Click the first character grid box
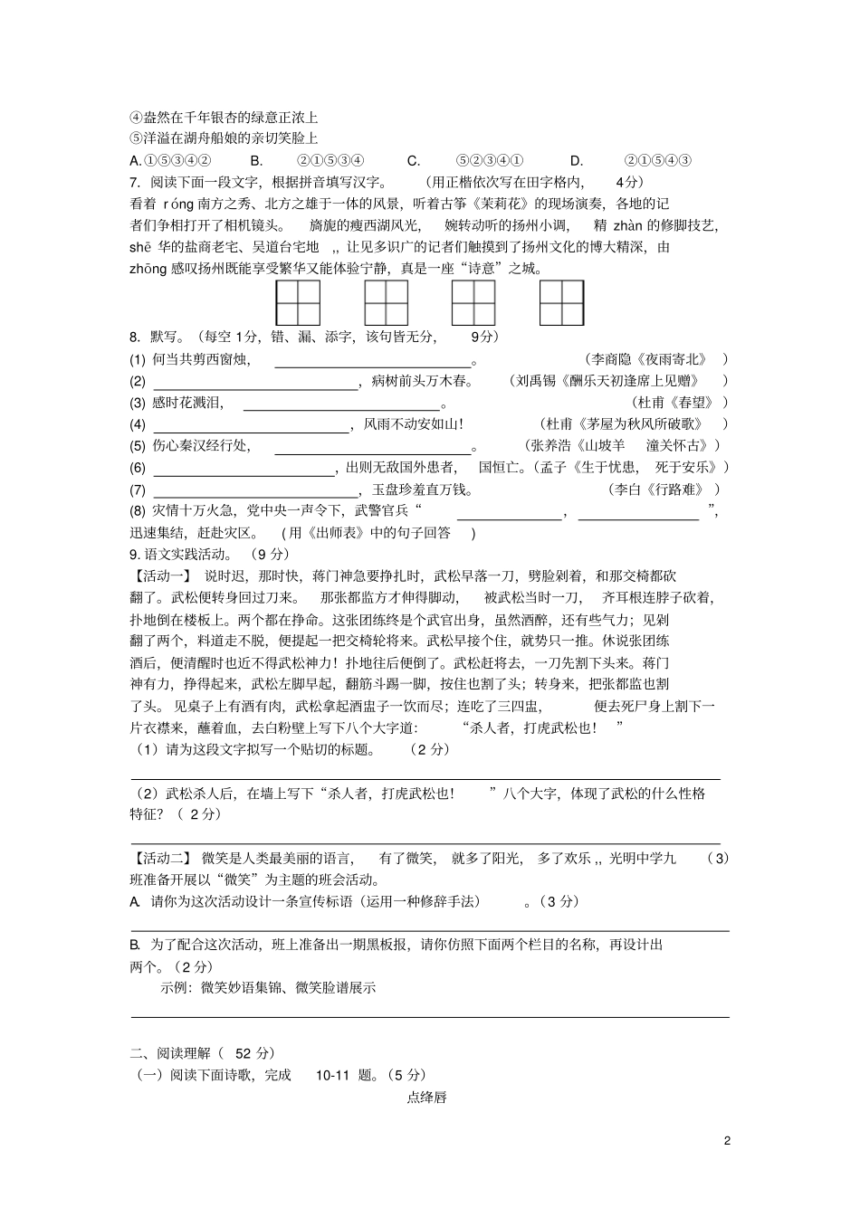pos(298,303)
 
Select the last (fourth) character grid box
pos(561,303)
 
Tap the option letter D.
pos(577,160)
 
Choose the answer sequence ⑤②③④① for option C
pos(489,160)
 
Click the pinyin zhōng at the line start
pos(148,269)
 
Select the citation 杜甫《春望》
pos(675,403)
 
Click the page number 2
pos(727,1140)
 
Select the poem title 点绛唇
pos(426,1098)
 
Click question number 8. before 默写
pos(136,337)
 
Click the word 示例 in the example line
pos(173,987)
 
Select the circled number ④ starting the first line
pos(137,118)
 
